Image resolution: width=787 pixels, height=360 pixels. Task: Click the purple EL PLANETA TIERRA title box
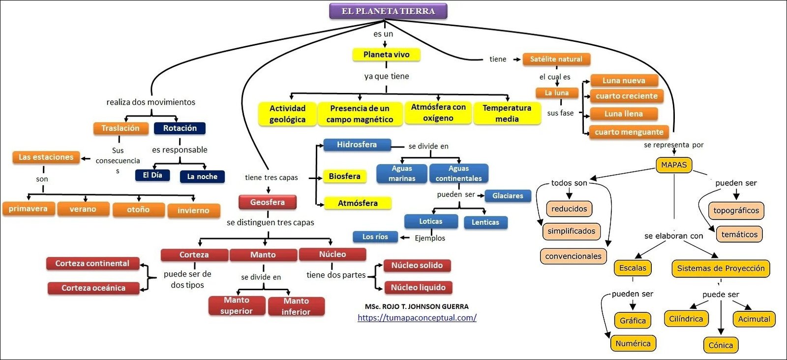tap(388, 11)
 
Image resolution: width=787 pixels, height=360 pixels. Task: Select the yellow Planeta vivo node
tap(386, 55)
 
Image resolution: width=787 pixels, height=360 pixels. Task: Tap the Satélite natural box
tap(556, 59)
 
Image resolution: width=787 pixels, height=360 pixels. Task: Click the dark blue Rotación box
tap(180, 128)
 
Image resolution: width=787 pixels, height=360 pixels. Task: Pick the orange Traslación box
tap(121, 128)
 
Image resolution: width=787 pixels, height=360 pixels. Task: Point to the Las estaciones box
tap(46, 157)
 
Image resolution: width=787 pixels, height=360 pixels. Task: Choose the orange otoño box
tap(138, 210)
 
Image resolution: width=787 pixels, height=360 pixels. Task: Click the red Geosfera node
tap(267, 202)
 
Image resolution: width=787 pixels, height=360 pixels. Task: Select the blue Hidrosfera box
tap(357, 145)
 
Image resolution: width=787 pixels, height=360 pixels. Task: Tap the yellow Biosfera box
tap(344, 176)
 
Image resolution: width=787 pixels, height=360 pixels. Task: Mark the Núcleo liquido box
tap(418, 287)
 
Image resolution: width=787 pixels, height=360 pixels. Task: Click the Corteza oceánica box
tap(93, 288)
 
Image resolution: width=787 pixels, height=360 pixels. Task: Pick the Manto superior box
tap(237, 305)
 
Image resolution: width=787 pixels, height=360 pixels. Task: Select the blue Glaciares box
tap(508, 196)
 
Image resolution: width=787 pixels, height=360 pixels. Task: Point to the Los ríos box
tap(375, 237)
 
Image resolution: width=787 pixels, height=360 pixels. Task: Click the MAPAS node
tap(673, 165)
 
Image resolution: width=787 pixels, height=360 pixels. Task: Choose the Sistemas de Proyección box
tap(721, 269)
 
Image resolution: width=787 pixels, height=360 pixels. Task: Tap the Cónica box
tap(721, 345)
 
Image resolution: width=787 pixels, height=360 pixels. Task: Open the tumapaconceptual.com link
tap(417, 318)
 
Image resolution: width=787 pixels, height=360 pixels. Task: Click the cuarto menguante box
tap(629, 132)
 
